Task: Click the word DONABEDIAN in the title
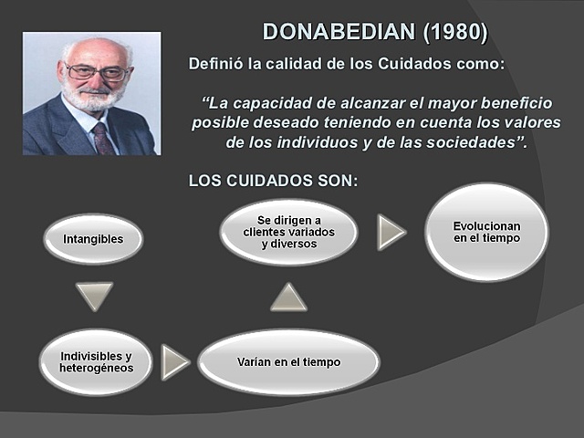339,32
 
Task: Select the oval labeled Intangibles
93,239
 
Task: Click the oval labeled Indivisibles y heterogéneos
96,361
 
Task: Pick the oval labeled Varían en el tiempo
287,362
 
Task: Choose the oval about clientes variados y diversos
288,232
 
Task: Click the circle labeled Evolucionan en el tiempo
486,232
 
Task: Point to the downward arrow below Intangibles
95,296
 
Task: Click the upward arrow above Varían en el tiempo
288,297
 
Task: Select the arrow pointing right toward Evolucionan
391,233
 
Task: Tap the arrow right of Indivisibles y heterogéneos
173,362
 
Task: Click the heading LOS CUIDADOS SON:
273,181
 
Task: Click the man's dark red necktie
102,139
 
